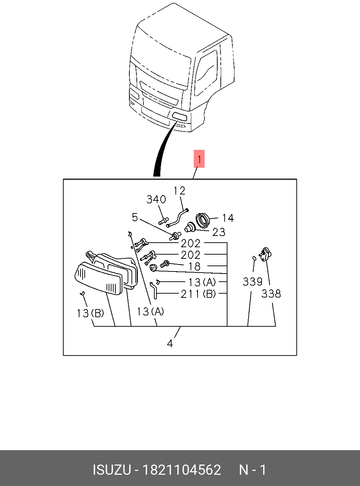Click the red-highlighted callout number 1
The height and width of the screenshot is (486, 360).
point(199,159)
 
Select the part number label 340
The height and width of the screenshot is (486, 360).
point(156,199)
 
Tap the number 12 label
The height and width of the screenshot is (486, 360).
point(179,191)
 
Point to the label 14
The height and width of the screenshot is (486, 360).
point(228,218)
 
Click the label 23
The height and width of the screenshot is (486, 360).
point(219,232)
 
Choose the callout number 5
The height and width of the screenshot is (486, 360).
point(135,217)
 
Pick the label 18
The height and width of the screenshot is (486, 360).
point(194,267)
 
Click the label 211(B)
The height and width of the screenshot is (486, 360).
point(198,294)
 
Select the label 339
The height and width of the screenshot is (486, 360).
point(252,282)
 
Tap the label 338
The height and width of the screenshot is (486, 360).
point(271,293)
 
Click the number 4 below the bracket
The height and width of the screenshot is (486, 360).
point(170,344)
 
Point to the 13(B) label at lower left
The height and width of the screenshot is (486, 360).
point(90,313)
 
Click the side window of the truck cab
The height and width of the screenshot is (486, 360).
point(206,73)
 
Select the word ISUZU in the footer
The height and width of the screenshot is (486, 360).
point(111,470)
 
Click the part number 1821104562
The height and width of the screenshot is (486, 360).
point(181,470)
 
